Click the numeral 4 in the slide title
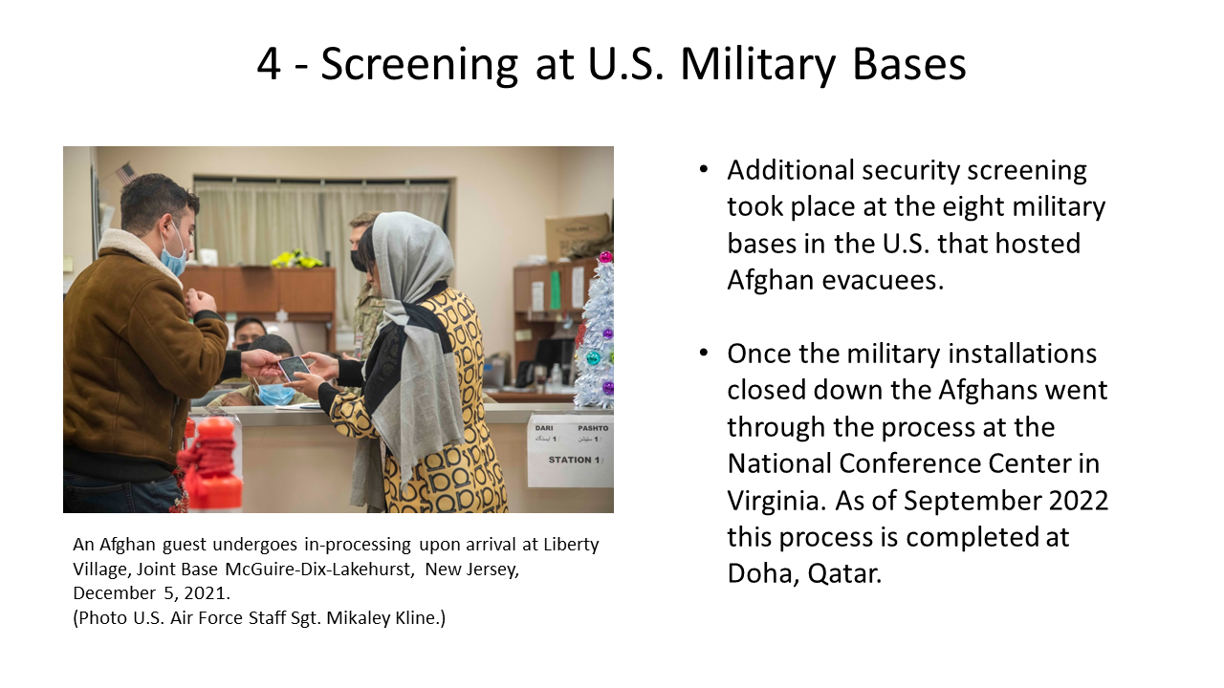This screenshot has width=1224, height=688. coord(270,64)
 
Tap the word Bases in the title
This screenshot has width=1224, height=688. coord(908,64)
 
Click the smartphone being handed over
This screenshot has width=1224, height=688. coord(295,368)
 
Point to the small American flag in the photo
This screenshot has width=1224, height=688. coord(126,173)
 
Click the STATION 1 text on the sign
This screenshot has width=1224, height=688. coord(574,460)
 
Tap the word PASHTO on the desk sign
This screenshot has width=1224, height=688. coord(593,428)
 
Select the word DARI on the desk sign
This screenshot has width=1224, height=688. coord(544,428)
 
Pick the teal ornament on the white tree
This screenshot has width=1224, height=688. coord(593,358)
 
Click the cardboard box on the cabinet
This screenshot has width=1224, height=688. coord(577,236)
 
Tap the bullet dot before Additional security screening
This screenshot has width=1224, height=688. coord(704,170)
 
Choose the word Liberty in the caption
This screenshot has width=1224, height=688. coord(571,545)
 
